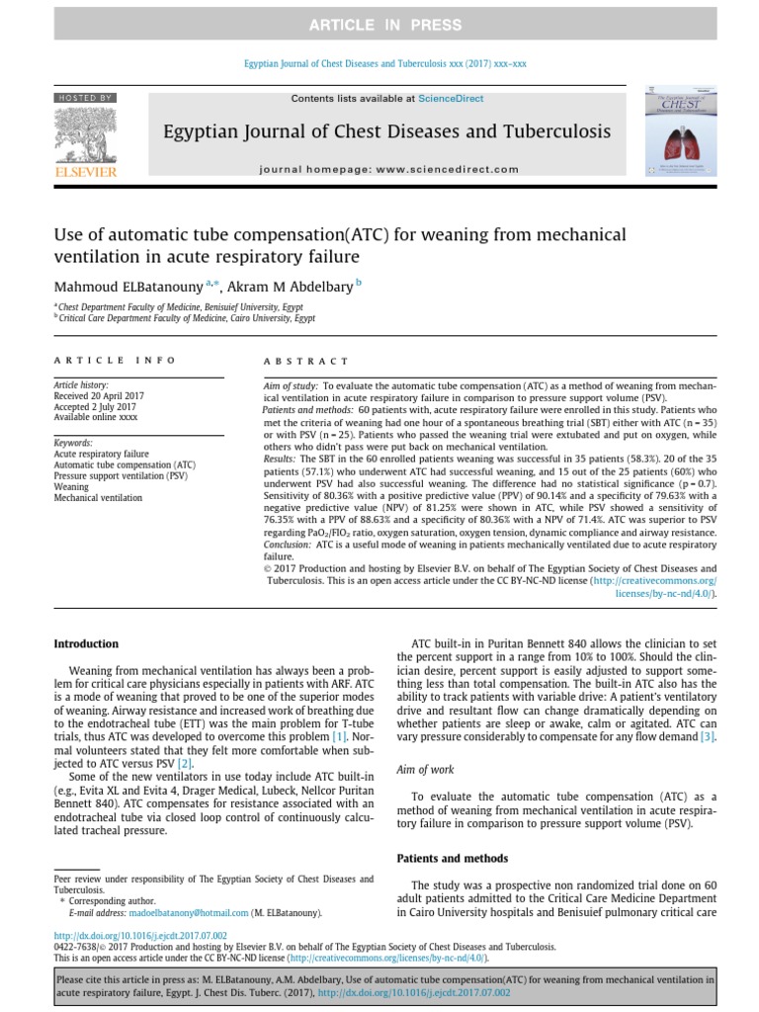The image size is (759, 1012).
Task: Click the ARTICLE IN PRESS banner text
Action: coord(379,25)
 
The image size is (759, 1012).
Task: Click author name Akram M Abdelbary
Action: coord(289,288)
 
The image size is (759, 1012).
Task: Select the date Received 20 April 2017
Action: coord(99,395)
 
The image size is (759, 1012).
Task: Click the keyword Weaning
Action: coord(71,486)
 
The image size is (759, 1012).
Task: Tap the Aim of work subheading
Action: coord(426,769)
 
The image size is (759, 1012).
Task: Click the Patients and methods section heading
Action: coord(452,858)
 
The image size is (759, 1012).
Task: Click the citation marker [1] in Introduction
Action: coord(339,736)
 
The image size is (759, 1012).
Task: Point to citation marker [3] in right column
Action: coord(707,736)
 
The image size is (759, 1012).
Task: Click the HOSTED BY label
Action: coord(85,98)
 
